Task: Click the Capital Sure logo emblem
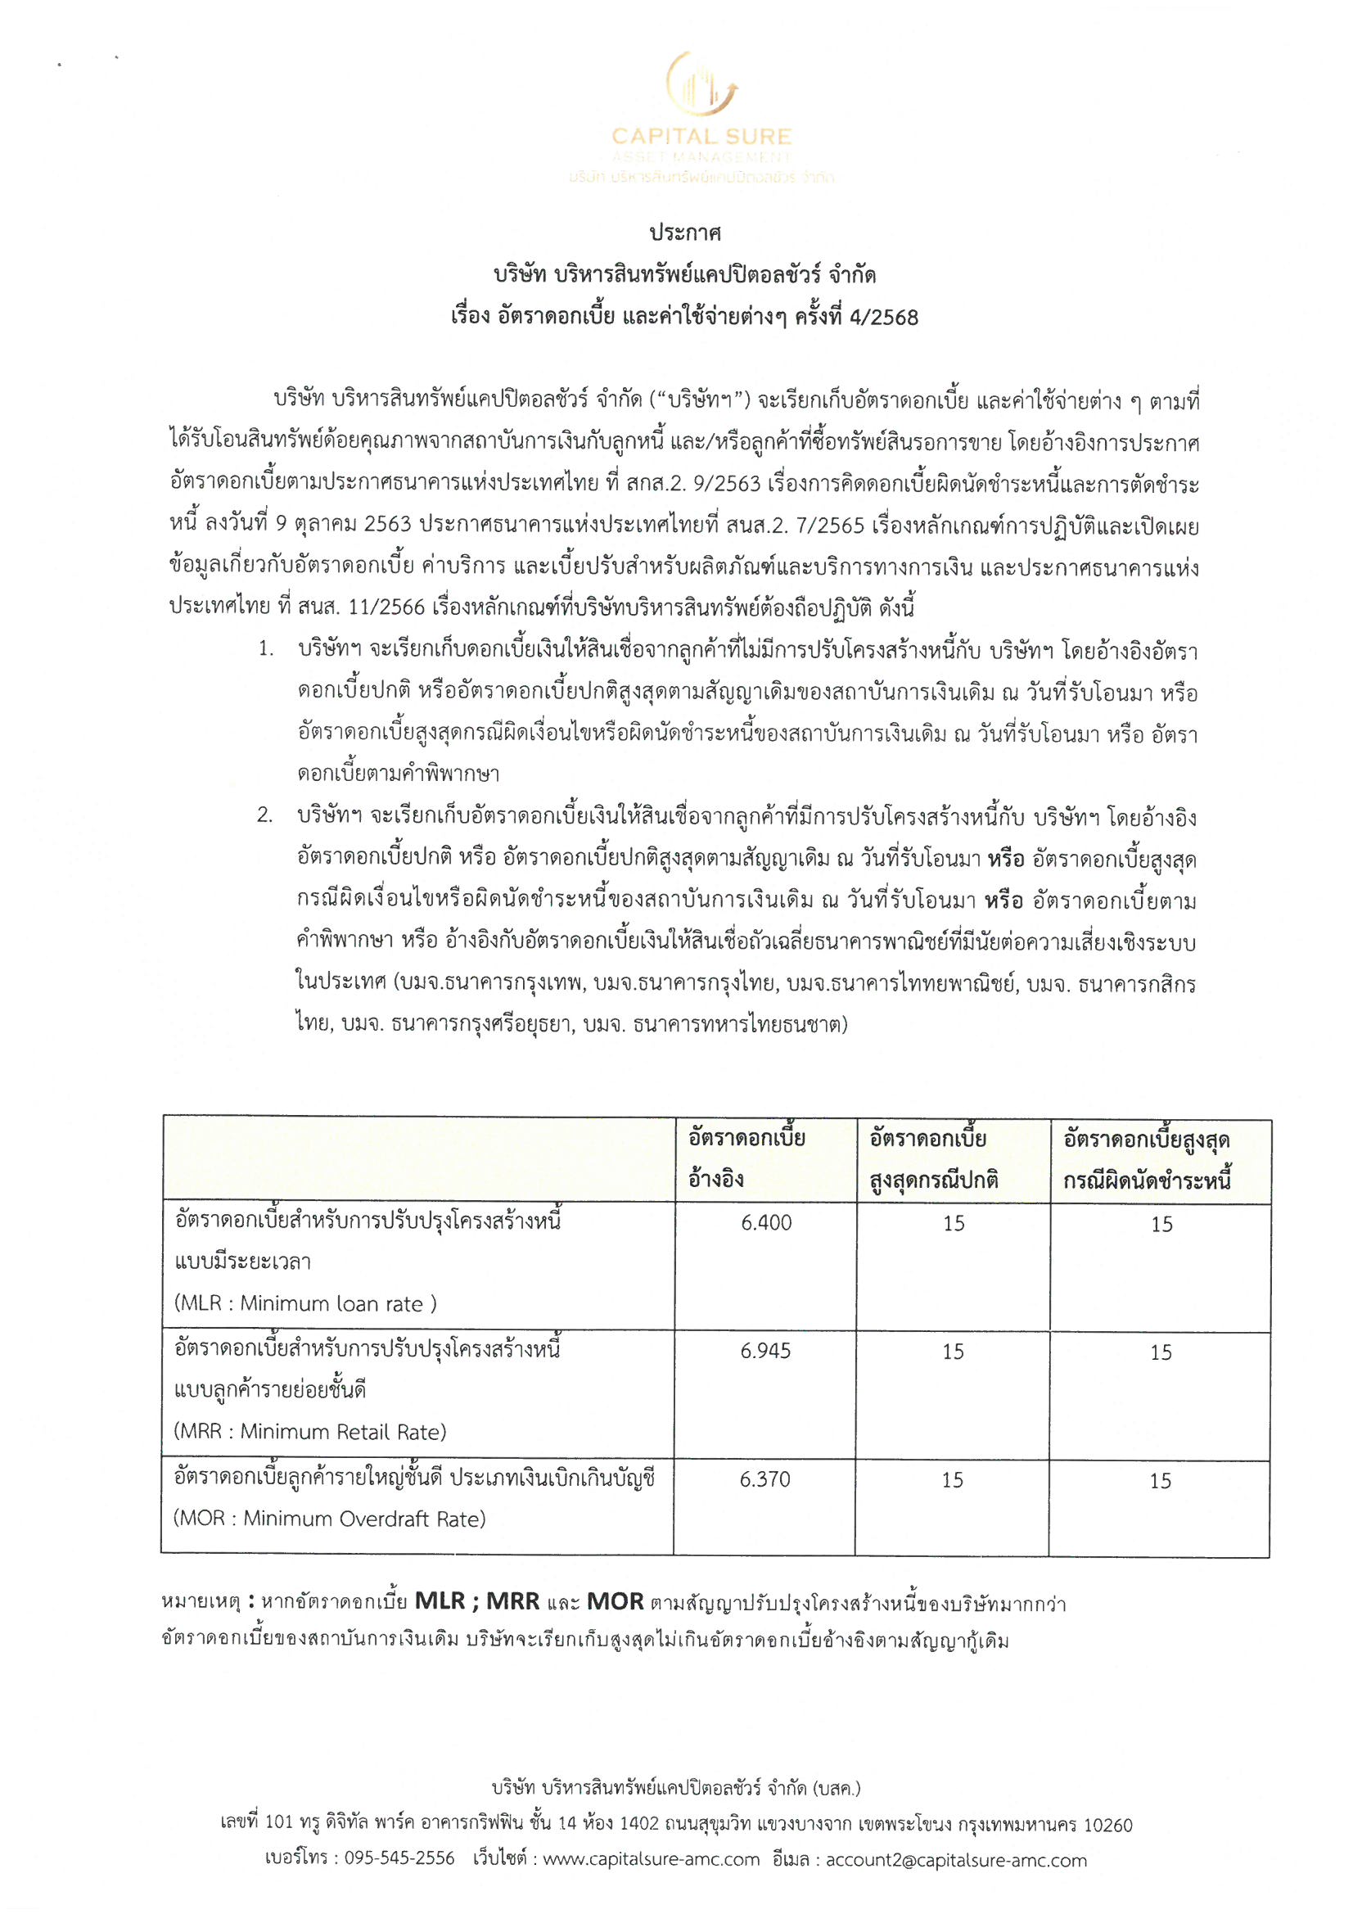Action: tap(701, 86)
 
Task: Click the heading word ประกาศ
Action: tap(685, 233)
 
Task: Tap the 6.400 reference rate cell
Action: tap(766, 1223)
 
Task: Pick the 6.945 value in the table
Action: tap(765, 1351)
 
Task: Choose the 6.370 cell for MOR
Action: tap(764, 1478)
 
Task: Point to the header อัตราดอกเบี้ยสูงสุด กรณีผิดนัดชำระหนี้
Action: tap(1147, 1159)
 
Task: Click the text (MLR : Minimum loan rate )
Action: tap(305, 1303)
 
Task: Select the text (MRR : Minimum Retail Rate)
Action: tap(310, 1431)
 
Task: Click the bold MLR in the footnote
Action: tap(440, 1601)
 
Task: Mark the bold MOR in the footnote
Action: tap(616, 1601)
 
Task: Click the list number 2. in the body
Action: tap(264, 816)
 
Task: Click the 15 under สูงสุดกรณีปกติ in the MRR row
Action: tap(953, 1352)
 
